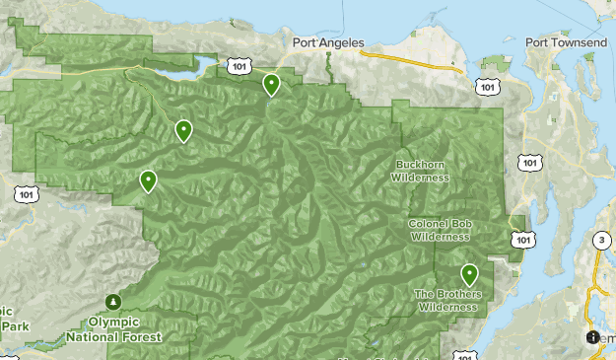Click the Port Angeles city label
328,42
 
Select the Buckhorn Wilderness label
420,171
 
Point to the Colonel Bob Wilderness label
439,230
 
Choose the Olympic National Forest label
113,328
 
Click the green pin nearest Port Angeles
271,85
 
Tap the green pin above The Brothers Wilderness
470,274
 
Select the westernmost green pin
148,180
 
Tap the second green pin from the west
183,130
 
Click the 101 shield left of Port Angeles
237,65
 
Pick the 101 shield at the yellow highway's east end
486,88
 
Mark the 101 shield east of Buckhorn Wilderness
530,162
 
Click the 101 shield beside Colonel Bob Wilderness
522,240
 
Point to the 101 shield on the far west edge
26,193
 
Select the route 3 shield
601,241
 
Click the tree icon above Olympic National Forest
113,302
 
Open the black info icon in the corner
592,336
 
